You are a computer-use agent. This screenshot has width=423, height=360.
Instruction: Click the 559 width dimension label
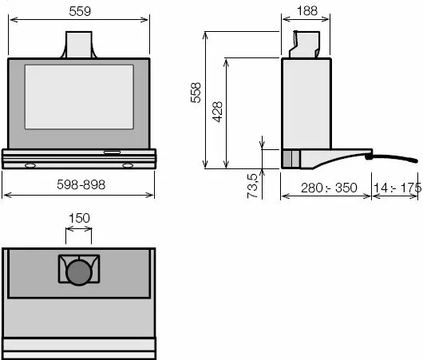click(x=80, y=11)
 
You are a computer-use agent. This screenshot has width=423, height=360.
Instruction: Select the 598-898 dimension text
click(x=81, y=185)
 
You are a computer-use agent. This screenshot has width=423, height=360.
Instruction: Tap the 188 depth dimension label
click(x=307, y=11)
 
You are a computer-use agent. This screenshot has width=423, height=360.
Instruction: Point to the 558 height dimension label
click(x=196, y=93)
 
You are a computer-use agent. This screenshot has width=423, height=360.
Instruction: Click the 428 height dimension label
click(x=217, y=112)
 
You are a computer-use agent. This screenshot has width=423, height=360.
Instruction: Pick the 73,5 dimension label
click(x=252, y=186)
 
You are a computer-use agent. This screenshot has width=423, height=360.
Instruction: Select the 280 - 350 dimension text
click(x=329, y=188)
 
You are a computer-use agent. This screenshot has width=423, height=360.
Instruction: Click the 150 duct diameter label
click(x=79, y=218)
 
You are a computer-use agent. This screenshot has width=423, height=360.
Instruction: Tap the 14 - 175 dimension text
click(x=397, y=188)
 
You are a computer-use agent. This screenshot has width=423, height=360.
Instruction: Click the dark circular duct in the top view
click(x=79, y=272)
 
